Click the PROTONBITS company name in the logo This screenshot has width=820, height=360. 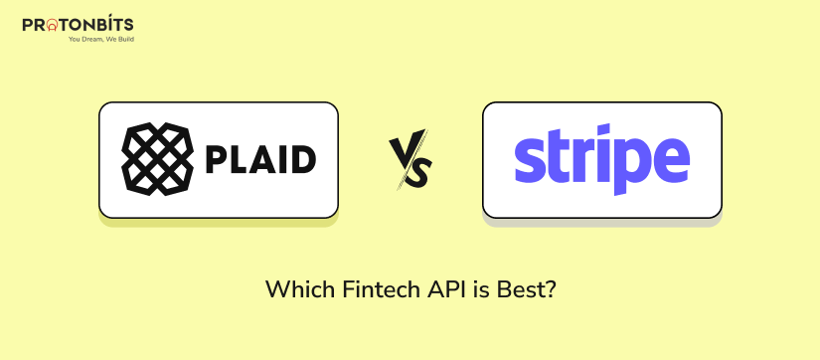pos(78,24)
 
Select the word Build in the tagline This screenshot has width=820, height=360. pos(124,39)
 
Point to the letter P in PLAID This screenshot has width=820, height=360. pos(215,159)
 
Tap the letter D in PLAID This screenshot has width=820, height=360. pos(304,159)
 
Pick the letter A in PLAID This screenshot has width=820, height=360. pos(261,159)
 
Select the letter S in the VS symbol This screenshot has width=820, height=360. pos(419,170)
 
